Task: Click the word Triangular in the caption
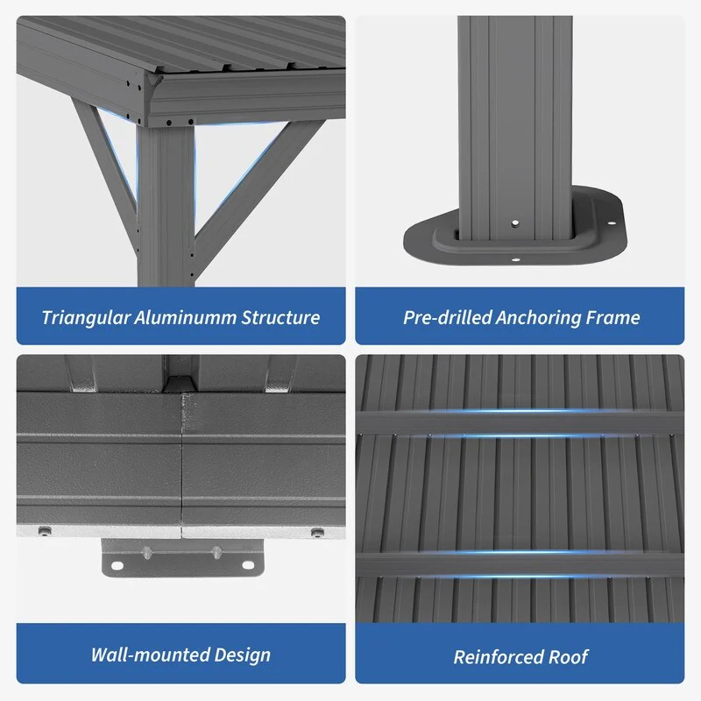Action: pos(85,318)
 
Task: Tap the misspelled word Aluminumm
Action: pos(185,317)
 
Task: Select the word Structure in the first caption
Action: pos(280,317)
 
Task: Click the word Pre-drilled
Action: pos(447,317)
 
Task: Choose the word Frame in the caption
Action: pos(612,317)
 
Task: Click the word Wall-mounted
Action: pos(150,655)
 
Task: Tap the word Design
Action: pos(243,655)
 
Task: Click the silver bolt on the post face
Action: pos(515,223)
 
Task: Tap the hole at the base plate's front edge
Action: pos(515,259)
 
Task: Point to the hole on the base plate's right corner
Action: pos(611,223)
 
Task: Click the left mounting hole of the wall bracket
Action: pos(117,565)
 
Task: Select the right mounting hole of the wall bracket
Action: pos(248,565)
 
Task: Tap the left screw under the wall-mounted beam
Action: pos(45,531)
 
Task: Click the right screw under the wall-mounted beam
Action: pos(317,532)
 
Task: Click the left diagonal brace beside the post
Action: pos(106,174)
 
